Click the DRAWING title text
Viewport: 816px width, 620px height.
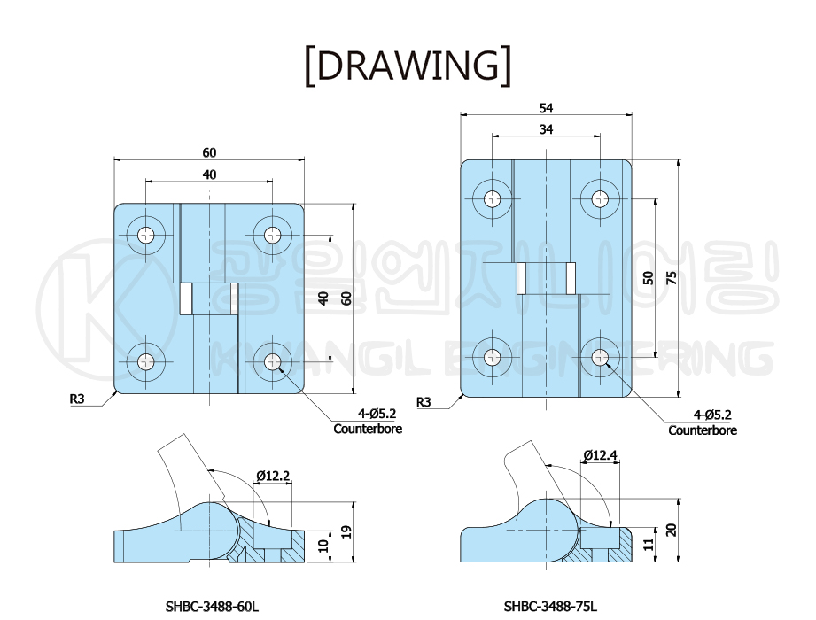coord(408,66)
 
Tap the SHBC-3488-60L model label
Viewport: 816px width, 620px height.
coord(212,606)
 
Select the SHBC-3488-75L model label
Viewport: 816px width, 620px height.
coord(550,606)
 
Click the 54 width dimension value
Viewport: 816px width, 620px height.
coord(546,108)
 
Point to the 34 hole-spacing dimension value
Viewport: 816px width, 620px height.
coord(546,129)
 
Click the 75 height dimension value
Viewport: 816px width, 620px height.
coord(672,278)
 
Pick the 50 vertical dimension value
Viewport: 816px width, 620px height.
coord(649,278)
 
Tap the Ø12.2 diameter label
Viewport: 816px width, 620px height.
coord(273,476)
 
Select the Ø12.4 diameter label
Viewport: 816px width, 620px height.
coord(601,455)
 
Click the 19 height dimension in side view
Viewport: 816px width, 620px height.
coord(346,531)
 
